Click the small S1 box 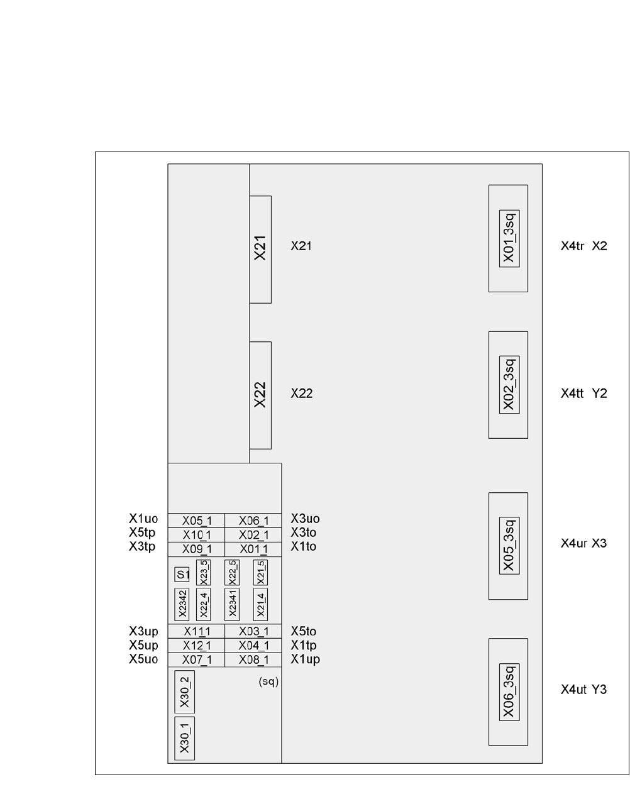click(182, 575)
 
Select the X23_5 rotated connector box click(203, 572)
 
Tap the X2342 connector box click(182, 604)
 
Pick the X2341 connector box click(232, 604)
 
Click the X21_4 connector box click(260, 604)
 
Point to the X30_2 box click(184, 692)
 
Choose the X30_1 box click(184, 739)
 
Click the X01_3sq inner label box click(509, 238)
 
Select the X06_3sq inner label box click(509, 692)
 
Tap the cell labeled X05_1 click(196, 521)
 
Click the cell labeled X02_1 click(253, 535)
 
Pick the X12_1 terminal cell click(196, 646)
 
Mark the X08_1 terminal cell click(253, 660)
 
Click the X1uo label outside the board click(143, 519)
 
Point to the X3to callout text click(304, 532)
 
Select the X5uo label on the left click(143, 659)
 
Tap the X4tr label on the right click(572, 246)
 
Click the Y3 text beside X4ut click(599, 690)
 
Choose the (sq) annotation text click(268, 681)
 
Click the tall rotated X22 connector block click(260, 395)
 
